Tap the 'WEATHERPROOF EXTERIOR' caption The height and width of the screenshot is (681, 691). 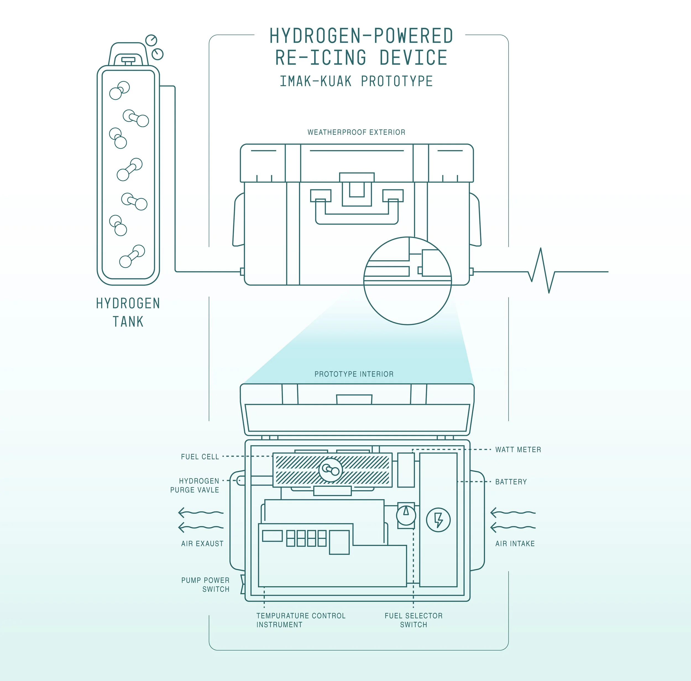[x=356, y=132]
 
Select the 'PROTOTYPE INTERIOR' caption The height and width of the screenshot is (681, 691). [x=354, y=374]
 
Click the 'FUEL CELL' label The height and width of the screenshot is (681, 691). [x=200, y=457]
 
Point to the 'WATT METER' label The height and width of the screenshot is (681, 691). [x=518, y=450]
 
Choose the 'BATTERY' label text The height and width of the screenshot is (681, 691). [x=511, y=482]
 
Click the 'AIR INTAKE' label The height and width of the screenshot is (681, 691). [x=515, y=544]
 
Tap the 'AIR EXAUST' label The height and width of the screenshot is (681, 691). [x=202, y=544]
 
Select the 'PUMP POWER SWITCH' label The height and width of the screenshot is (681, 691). [x=205, y=585]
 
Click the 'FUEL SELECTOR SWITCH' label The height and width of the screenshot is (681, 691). [x=413, y=620]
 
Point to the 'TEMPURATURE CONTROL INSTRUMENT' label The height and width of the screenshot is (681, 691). [x=301, y=620]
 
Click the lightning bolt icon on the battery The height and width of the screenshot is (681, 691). [x=438, y=520]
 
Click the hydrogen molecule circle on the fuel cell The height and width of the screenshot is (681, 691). [x=331, y=470]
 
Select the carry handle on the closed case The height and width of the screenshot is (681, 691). [x=357, y=211]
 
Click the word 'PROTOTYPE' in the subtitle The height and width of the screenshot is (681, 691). [x=397, y=81]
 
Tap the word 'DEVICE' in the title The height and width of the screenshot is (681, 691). [x=413, y=58]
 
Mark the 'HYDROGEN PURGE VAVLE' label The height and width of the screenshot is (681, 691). [x=195, y=485]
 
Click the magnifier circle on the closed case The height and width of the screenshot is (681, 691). [x=407, y=281]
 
